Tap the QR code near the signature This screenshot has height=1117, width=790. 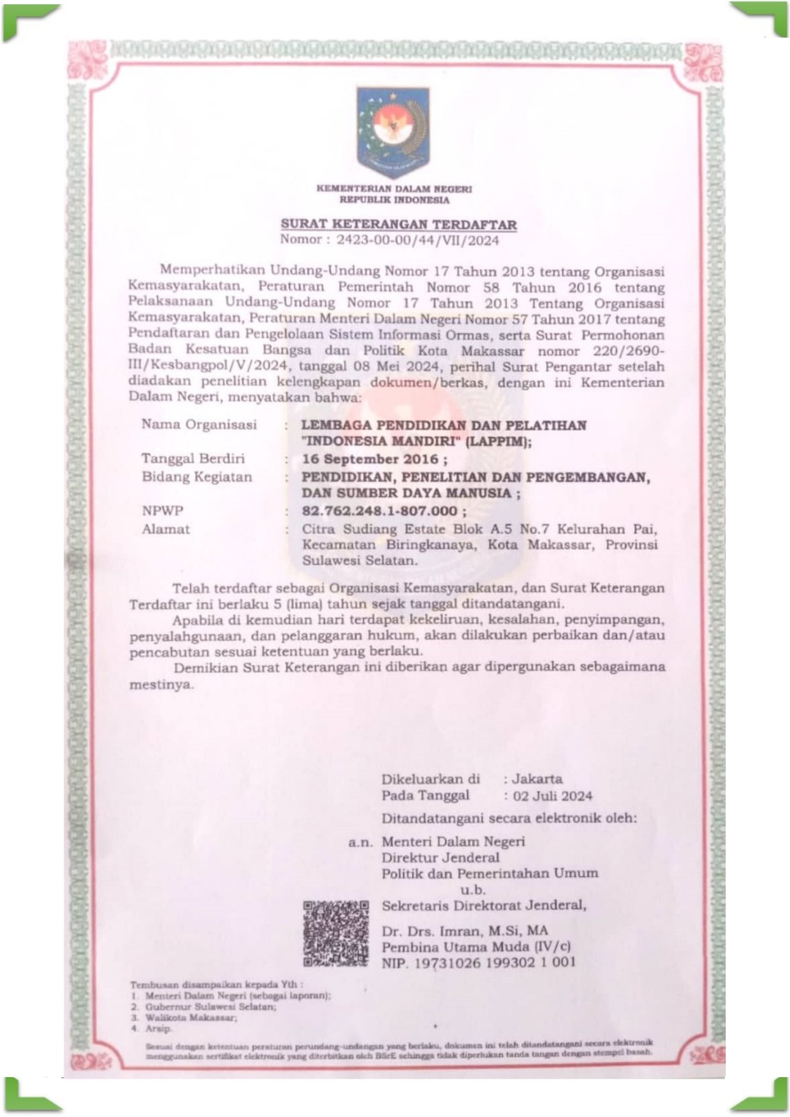[x=336, y=933]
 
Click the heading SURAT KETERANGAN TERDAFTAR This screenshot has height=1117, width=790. [x=399, y=225]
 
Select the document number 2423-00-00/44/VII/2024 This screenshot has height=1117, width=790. [x=418, y=240]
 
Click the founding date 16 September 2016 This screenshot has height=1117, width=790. [x=370, y=459]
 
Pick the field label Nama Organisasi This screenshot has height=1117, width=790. [x=199, y=424]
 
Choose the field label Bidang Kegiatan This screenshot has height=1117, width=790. [x=196, y=478]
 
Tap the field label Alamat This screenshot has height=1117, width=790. [x=166, y=529]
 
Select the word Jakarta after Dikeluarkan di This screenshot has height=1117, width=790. [x=537, y=778]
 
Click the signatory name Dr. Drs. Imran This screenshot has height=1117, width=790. [x=465, y=931]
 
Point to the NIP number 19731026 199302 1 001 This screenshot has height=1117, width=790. [x=478, y=962]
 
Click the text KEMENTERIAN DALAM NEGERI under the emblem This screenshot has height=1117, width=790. [x=394, y=188]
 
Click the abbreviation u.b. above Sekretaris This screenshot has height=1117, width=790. [x=472, y=889]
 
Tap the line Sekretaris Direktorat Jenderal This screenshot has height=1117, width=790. [x=484, y=905]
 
